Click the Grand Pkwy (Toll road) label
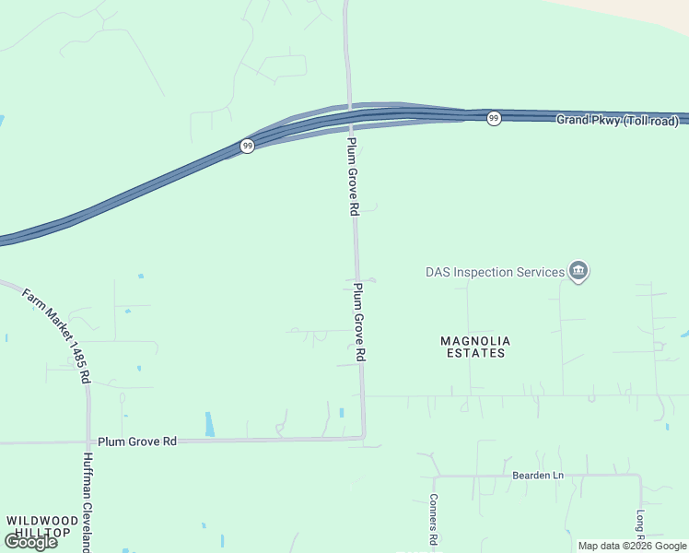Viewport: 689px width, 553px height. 617,121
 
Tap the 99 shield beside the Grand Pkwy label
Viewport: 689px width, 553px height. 494,119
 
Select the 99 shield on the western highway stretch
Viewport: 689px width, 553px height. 247,146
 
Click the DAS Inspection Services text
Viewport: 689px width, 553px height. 495,272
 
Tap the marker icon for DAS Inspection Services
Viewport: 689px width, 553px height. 578,271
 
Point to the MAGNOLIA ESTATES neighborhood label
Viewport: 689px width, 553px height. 474,347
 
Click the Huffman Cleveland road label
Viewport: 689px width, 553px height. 88,502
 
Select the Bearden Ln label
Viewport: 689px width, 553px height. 537,476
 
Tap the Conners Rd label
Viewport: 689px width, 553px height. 431,518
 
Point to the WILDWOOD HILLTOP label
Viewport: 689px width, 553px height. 38,526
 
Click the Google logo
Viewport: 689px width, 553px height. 30,541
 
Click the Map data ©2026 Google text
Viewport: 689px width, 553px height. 631,546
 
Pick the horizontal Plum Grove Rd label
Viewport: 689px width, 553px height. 136,441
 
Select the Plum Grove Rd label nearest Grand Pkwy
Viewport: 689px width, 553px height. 353,177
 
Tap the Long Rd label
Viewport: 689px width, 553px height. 639,525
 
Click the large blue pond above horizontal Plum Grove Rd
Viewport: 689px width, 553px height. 209,424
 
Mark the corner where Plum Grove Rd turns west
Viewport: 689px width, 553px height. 364,437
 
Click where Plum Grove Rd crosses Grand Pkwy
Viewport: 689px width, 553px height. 349,118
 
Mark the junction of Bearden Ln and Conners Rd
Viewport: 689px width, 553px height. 433,477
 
